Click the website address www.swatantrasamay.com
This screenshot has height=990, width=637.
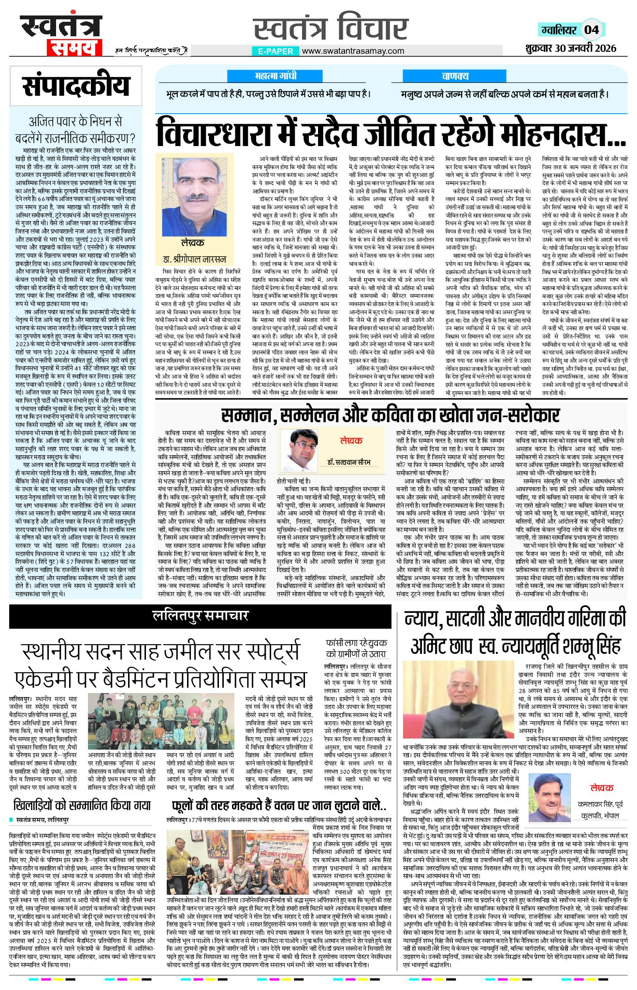point(353,51)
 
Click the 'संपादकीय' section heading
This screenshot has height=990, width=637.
point(76,87)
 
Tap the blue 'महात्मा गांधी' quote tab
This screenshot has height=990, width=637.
point(276,76)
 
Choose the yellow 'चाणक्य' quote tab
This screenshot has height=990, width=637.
point(455,76)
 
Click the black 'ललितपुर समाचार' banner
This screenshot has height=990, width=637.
point(201,616)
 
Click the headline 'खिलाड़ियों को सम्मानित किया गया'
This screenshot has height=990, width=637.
point(82,806)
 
